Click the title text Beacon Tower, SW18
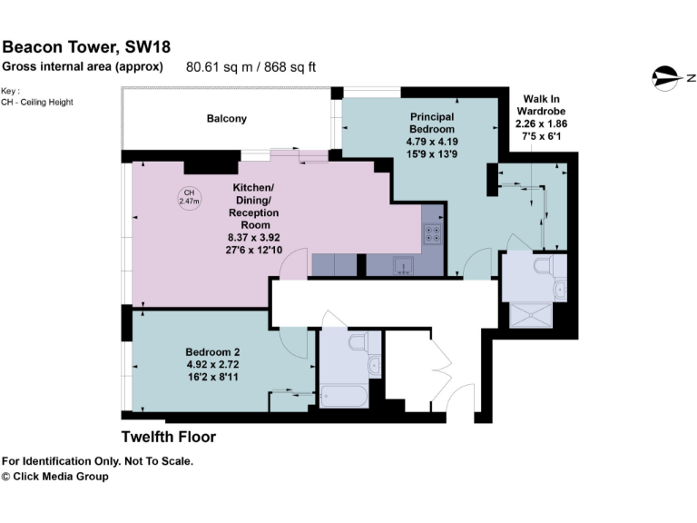pyautogui.click(x=86, y=46)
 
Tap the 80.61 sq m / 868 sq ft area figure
pyautogui.click(x=250, y=66)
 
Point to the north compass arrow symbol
pyautogui.click(x=670, y=76)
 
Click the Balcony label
pyautogui.click(x=226, y=119)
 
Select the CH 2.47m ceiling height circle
pyautogui.click(x=190, y=197)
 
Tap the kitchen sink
pyautogui.click(x=403, y=265)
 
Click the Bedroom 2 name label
pyautogui.click(x=212, y=351)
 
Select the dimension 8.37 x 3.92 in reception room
pyautogui.click(x=253, y=236)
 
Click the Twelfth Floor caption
pyautogui.click(x=169, y=437)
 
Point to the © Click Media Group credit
pyautogui.click(x=54, y=477)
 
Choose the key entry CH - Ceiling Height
pyautogui.click(x=37, y=102)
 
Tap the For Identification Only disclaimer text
pyautogui.click(x=98, y=461)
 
